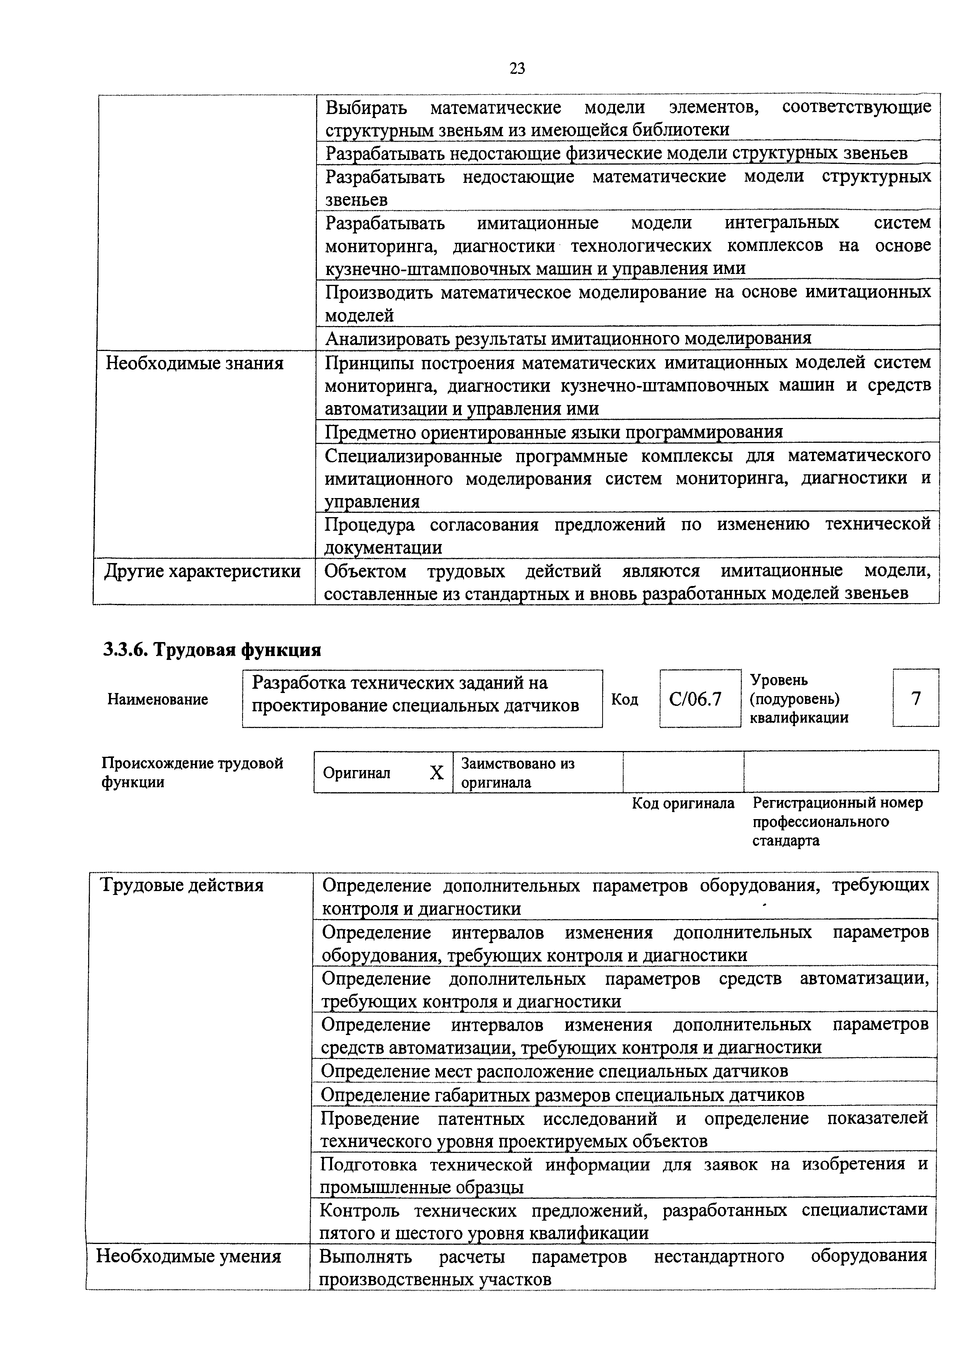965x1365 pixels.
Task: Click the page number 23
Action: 517,69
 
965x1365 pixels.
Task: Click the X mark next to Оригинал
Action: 436,772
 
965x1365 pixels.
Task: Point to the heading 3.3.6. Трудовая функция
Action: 212,650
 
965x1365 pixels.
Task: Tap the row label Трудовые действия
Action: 182,885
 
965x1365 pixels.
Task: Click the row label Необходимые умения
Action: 188,1256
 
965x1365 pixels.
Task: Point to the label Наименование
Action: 158,699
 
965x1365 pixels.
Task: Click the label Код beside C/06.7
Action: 624,699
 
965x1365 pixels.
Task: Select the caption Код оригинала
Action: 682,803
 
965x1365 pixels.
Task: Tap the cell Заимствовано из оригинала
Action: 518,772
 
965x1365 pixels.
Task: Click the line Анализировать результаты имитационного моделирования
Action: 568,338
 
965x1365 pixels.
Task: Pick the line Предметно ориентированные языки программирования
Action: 554,432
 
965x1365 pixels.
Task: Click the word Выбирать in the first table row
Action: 366,108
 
